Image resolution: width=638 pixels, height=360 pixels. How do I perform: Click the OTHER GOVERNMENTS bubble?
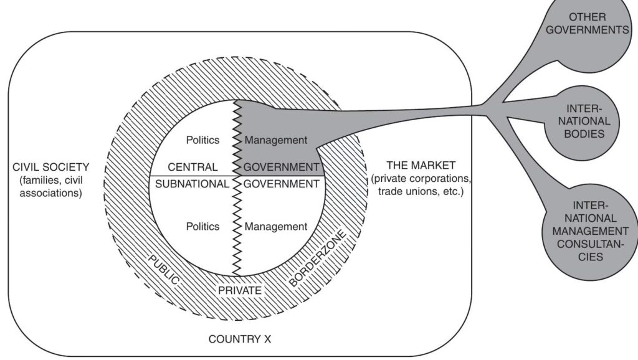[591, 24]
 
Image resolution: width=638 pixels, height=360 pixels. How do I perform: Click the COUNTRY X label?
[240, 339]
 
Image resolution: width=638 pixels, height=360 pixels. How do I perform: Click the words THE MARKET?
[421, 165]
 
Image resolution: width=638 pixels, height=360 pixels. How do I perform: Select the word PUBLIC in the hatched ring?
[163, 269]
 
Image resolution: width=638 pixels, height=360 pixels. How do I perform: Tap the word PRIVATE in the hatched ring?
[239, 290]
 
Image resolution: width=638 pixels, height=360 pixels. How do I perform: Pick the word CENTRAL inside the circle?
[193, 167]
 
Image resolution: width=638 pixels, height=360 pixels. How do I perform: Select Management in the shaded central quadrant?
[276, 140]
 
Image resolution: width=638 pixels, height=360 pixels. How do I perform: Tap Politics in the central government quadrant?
[202, 140]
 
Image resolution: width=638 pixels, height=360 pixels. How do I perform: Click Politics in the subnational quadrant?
[202, 226]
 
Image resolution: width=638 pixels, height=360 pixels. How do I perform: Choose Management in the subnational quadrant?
[276, 226]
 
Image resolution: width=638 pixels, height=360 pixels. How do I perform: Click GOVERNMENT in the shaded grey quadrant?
[281, 167]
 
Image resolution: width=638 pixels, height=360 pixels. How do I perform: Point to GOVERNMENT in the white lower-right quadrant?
[281, 184]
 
